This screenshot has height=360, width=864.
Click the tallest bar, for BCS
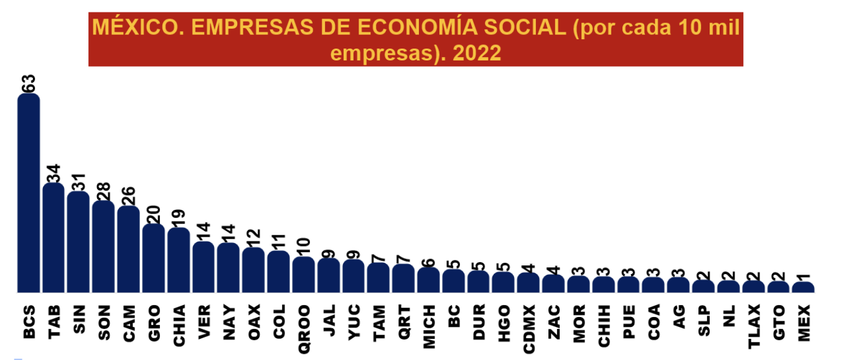coord(29,193)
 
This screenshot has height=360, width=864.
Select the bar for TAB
coord(54,238)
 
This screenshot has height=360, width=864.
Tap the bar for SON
coord(103,247)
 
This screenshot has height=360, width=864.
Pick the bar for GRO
coord(153,258)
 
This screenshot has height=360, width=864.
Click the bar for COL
coord(278,272)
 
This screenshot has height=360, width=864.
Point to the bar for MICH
coord(428,280)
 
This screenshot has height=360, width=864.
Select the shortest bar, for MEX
coord(803,287)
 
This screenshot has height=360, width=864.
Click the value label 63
coord(29,84)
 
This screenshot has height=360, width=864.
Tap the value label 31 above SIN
coord(78,181)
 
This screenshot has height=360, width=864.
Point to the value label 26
coord(129,196)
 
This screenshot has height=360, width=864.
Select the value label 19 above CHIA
coord(179,218)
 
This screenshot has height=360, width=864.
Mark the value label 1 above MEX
coord(803,275)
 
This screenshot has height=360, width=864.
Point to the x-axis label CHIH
coord(603,320)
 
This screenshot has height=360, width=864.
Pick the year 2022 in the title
coord(477,53)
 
